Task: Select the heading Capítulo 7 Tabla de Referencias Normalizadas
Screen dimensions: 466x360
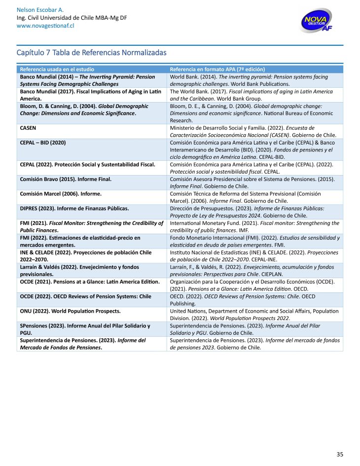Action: (91, 52)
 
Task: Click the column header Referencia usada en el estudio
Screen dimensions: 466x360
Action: (57, 70)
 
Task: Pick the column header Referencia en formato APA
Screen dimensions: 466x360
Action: (217, 70)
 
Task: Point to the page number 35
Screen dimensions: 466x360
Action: (340, 454)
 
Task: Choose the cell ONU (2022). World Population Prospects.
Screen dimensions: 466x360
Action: (70, 311)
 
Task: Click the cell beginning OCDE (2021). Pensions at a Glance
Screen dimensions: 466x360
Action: (89, 282)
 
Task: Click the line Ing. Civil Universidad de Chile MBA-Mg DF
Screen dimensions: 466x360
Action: (72, 18)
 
